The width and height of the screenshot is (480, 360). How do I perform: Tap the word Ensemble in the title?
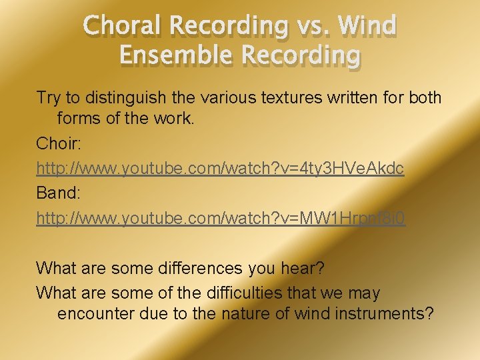click(178, 55)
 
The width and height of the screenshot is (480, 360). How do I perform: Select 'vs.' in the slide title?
click(312, 26)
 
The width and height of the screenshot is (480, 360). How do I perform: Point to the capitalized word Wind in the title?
click(367, 26)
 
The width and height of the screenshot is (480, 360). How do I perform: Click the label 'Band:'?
click(58, 194)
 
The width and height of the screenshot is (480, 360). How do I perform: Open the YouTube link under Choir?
click(220, 169)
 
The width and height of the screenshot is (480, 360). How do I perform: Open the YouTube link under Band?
click(220, 219)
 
